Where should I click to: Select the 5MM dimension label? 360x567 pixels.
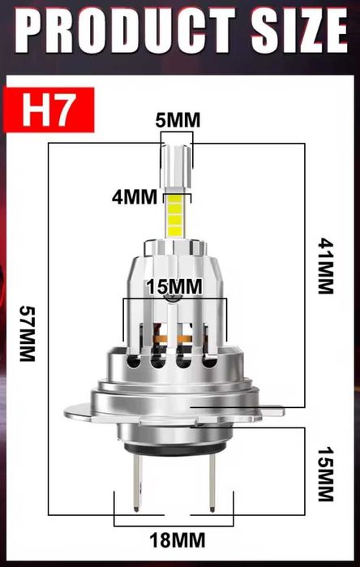(178, 121)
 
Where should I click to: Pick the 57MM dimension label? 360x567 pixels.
(27, 333)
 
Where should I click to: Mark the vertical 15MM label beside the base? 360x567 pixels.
(325, 473)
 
